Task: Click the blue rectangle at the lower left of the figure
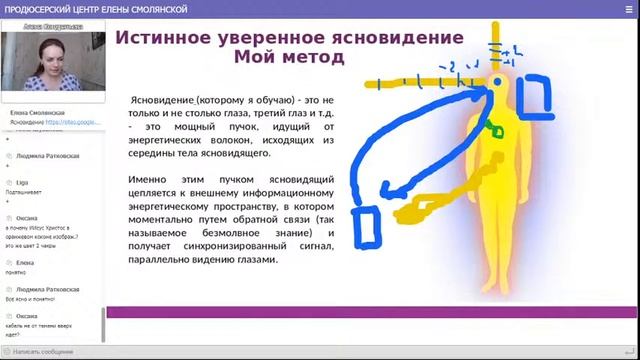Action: [x=365, y=226]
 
